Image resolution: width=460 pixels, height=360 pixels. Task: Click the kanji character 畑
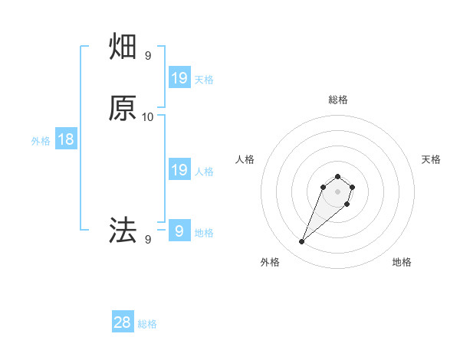[x=123, y=48]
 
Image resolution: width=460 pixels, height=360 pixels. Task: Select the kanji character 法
[x=123, y=230]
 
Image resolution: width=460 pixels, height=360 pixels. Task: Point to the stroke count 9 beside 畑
[x=148, y=56]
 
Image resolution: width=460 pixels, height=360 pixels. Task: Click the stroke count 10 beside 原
[x=148, y=116]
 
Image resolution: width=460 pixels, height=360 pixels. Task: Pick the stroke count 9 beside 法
[x=148, y=240]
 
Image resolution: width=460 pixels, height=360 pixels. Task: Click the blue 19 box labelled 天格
[x=179, y=77]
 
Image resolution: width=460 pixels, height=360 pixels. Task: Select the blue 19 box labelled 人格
[x=179, y=170]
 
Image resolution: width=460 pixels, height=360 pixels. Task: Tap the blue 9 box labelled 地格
[x=179, y=230]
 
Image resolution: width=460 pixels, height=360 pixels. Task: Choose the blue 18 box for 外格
[x=66, y=139]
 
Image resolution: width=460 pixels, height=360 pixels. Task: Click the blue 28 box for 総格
[x=123, y=322]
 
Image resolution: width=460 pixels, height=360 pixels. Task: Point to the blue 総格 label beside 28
[x=147, y=324]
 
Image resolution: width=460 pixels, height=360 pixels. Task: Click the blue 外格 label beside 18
[x=41, y=141]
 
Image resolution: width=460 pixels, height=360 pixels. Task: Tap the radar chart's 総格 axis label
[x=338, y=100]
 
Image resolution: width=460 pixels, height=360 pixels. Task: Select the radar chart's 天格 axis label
[x=431, y=159]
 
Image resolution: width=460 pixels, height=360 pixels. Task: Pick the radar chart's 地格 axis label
[x=402, y=263]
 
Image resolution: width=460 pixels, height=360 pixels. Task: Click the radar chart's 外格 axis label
[x=270, y=263]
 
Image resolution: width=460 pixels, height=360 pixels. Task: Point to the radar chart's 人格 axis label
[x=245, y=159]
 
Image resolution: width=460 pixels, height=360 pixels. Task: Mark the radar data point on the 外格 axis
[x=302, y=242]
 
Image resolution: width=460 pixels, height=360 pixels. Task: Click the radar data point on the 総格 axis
[x=338, y=174]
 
